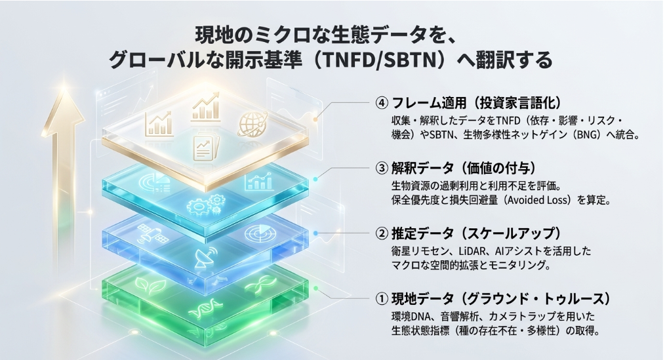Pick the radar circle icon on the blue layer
coord(255,232)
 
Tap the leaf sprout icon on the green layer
coord(145,285)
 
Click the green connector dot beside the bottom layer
coord(317,289)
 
